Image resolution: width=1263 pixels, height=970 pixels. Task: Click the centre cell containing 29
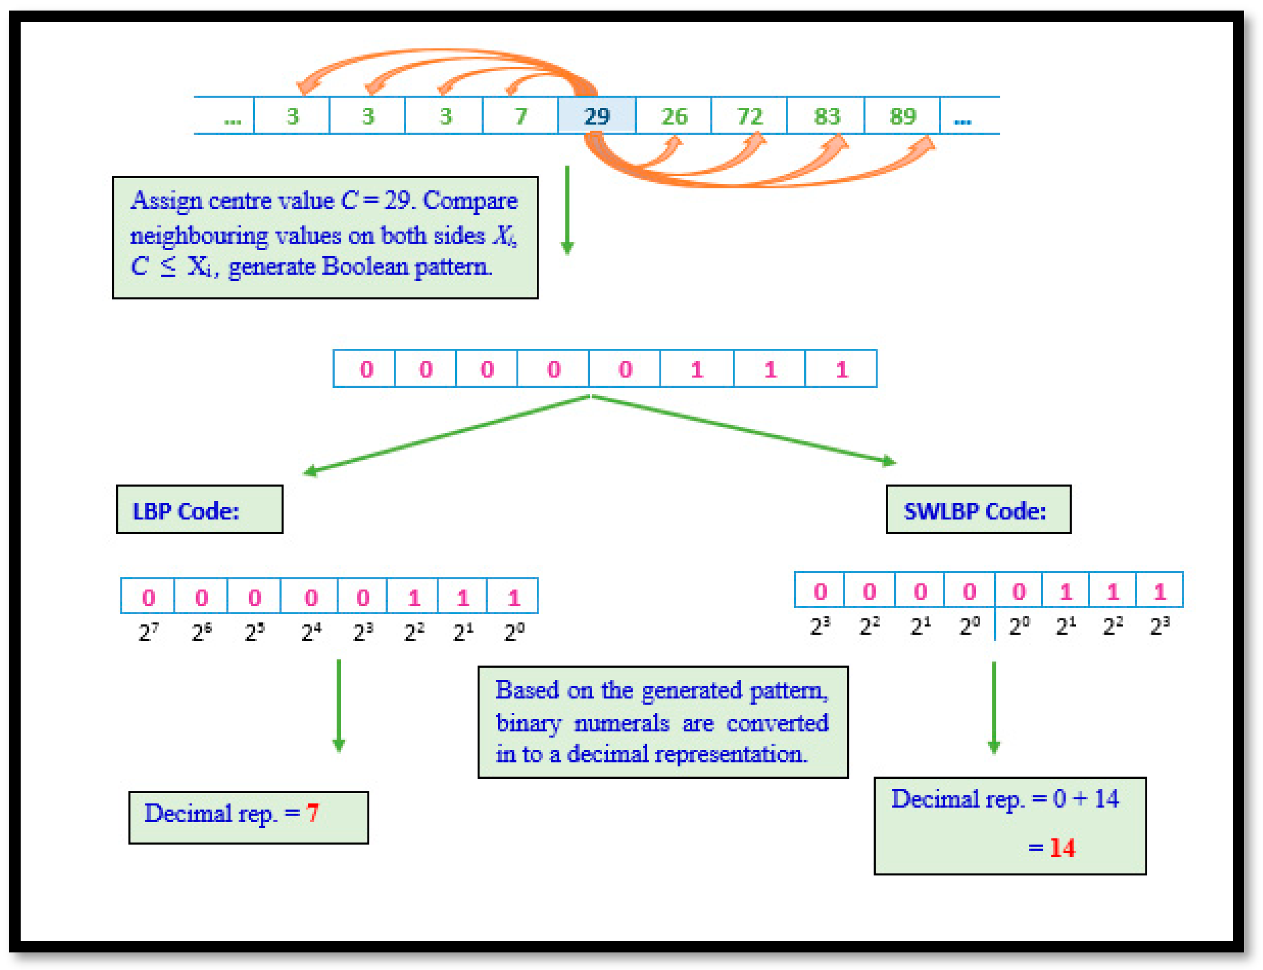(x=596, y=116)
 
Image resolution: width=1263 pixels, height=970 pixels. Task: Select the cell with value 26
(x=674, y=116)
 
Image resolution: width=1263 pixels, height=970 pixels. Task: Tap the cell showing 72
(x=749, y=116)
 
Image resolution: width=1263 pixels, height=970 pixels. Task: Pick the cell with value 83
(x=827, y=116)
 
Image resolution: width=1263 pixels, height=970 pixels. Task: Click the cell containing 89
(x=902, y=116)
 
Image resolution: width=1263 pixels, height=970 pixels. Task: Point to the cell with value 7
(x=521, y=116)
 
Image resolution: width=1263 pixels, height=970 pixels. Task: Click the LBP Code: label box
(x=200, y=510)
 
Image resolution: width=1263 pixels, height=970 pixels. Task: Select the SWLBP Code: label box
(x=978, y=510)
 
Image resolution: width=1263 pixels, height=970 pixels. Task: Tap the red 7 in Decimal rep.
(x=313, y=813)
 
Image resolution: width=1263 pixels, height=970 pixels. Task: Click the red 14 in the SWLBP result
(x=1062, y=848)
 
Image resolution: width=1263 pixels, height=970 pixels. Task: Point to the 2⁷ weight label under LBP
(x=148, y=632)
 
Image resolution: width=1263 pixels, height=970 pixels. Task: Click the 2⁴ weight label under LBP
(x=311, y=632)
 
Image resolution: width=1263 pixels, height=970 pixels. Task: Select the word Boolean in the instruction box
(x=365, y=267)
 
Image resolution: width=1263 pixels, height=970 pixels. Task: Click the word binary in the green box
(x=528, y=723)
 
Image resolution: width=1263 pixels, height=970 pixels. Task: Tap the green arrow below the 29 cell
(x=567, y=211)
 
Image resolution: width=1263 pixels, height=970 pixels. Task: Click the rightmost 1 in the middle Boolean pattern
(x=842, y=369)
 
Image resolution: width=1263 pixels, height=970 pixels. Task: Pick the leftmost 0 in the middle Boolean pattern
(x=367, y=369)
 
